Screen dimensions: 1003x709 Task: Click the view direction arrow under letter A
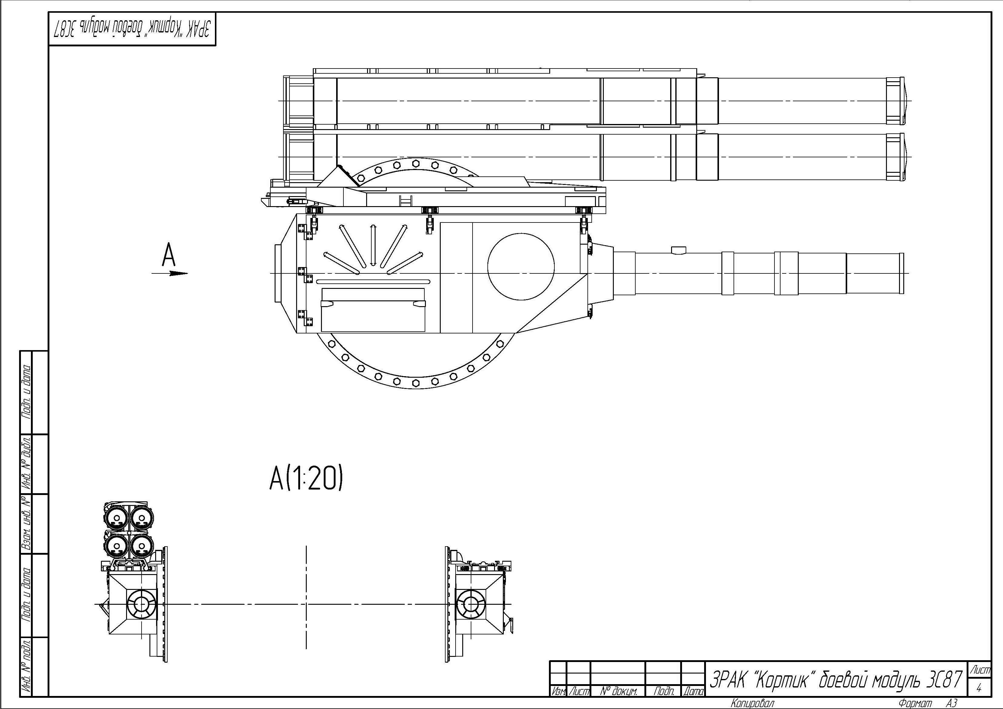169,273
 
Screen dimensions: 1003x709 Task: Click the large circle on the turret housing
521,266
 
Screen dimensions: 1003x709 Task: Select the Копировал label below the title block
753,703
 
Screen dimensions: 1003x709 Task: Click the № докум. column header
619,691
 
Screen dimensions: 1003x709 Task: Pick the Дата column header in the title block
693,691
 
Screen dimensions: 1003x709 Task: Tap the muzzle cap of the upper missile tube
895,101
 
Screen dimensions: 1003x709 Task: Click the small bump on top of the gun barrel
678,249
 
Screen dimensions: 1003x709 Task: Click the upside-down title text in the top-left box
132,30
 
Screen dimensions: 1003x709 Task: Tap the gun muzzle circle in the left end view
142,604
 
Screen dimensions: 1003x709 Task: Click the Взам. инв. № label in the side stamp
27,524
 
